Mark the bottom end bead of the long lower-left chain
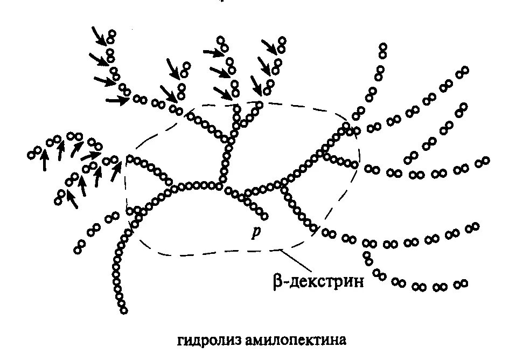coord(124,310)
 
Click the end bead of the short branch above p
coord(264,217)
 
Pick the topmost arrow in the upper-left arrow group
coord(99,36)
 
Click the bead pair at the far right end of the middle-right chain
coord(483,162)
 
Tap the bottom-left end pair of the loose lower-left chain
coord(80,247)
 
